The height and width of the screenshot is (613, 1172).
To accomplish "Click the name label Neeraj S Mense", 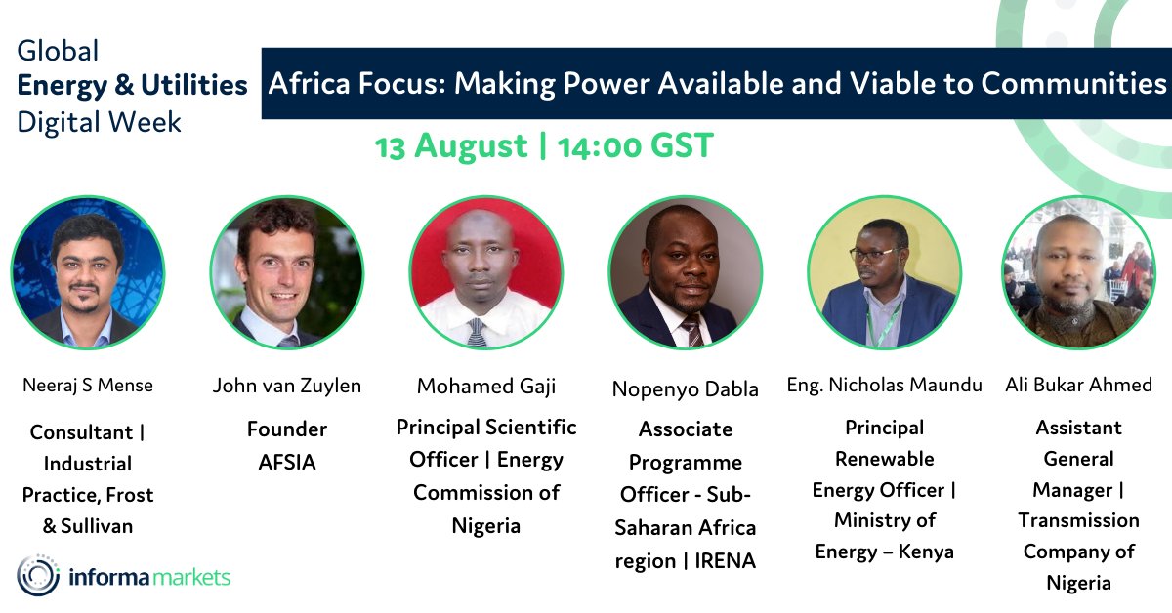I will click(x=88, y=386).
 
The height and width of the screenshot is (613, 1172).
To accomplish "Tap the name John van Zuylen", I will click(x=287, y=386).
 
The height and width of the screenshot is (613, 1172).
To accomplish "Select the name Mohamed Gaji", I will click(x=486, y=387).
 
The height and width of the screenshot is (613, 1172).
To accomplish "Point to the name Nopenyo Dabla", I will click(x=685, y=389).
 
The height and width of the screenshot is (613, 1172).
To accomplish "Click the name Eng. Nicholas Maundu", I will click(x=884, y=385).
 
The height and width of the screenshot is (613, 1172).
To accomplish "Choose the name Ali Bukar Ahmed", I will click(x=1078, y=385).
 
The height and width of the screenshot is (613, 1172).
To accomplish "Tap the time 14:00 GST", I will click(x=636, y=146).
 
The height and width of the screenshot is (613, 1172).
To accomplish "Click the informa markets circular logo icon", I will click(x=38, y=576).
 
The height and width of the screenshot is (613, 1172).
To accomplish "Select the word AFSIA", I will click(x=287, y=463).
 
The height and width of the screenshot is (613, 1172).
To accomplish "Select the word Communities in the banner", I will click(x=1073, y=84).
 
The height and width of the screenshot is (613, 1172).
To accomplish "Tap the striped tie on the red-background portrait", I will click(x=477, y=333).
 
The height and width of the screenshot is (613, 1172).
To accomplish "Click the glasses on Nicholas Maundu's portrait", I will click(x=871, y=253).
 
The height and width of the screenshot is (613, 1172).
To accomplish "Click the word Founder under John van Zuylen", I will click(x=287, y=429).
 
